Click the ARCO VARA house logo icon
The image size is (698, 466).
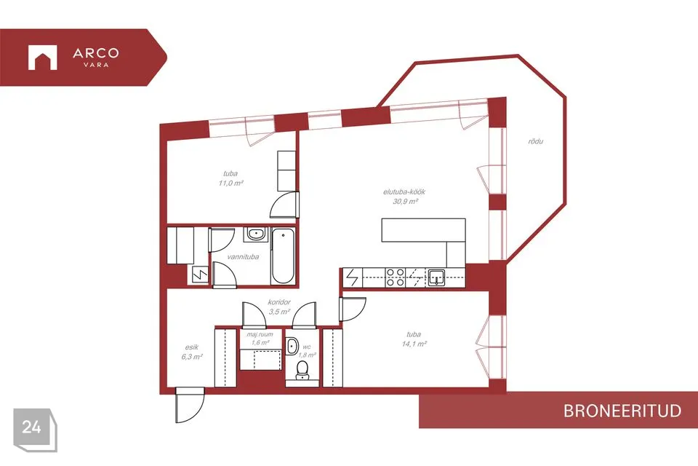[x=43, y=58]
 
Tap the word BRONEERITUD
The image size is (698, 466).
[x=622, y=411]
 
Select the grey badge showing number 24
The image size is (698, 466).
[x=35, y=430]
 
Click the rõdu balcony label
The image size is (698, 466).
[x=536, y=141]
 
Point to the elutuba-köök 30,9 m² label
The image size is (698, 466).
[x=405, y=197]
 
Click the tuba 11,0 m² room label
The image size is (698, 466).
[x=230, y=178]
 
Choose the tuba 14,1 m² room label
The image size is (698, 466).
[x=414, y=339]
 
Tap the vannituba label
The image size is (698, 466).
[x=243, y=257]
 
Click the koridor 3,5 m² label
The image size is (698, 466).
[x=279, y=307]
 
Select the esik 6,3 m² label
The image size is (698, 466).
[x=192, y=352]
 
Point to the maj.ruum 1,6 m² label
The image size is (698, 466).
[x=260, y=339]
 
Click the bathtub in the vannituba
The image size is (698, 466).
[x=283, y=256]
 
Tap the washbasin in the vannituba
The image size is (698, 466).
[x=255, y=234]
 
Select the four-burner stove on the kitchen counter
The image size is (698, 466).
[x=395, y=277]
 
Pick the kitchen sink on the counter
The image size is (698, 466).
[x=436, y=277]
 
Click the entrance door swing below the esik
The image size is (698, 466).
[x=190, y=406]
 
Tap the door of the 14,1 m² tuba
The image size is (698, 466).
[x=353, y=309]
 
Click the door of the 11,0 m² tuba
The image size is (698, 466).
[x=284, y=205]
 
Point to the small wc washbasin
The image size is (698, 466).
[x=292, y=347]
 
